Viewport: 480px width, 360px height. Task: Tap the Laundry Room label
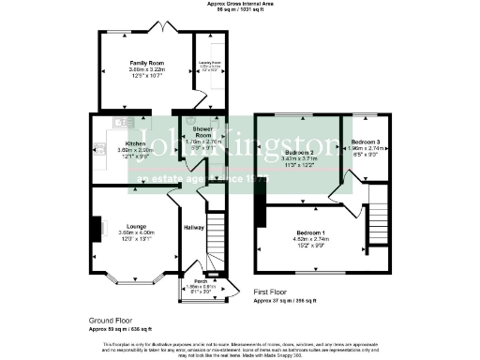(x=208, y=64)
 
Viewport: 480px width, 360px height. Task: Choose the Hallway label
(x=194, y=228)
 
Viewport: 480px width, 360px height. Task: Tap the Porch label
(x=200, y=280)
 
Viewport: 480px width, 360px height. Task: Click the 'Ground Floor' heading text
(x=111, y=320)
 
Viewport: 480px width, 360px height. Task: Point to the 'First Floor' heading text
(x=277, y=292)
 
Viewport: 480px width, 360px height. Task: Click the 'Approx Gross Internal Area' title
(x=240, y=4)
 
